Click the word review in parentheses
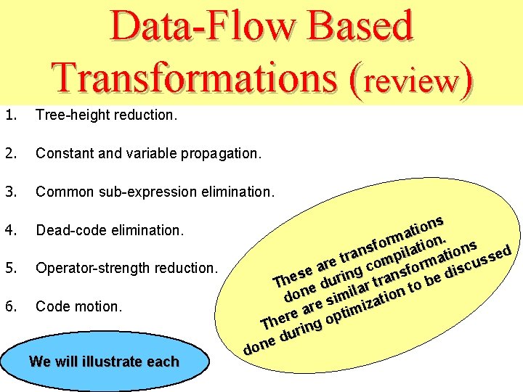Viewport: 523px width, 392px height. pyautogui.click(x=410, y=81)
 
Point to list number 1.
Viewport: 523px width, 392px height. pyautogui.click(x=9, y=115)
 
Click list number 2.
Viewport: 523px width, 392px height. pyautogui.click(x=9, y=153)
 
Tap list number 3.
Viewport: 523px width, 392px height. pyautogui.click(x=9, y=192)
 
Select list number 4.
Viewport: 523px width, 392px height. pyautogui.click(x=9, y=230)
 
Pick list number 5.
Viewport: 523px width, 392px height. pyautogui.click(x=9, y=268)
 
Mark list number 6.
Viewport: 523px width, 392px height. pyautogui.click(x=9, y=306)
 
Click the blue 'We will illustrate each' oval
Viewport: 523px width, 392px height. pyautogui.click(x=104, y=361)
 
